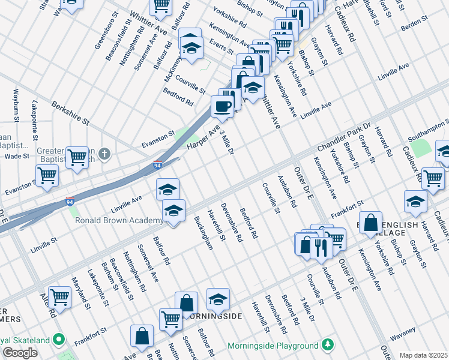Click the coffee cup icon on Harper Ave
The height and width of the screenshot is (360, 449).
222,107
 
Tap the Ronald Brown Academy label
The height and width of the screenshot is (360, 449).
118,220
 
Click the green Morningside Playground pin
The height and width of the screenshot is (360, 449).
328,345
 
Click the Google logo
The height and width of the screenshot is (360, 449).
20,353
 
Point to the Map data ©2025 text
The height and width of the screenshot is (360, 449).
423,355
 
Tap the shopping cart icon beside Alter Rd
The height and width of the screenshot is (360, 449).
59,296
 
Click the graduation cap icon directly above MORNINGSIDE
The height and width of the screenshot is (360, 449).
218,298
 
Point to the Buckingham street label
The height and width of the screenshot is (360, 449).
205,234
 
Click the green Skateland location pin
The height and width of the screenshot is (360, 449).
59,340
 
